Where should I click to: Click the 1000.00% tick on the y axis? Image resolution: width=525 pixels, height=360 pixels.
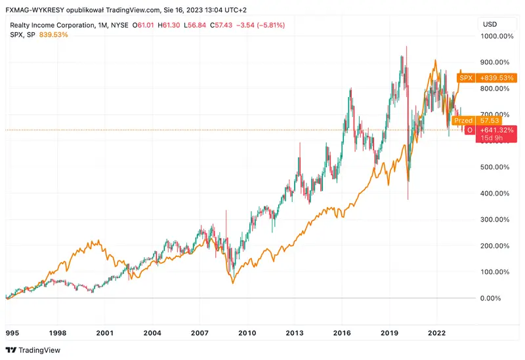[497, 36]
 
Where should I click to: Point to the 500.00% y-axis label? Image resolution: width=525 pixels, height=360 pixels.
[495, 167]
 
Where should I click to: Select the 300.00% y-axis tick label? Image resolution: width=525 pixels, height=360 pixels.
[495, 220]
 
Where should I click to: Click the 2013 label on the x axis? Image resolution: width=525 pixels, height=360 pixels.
[295, 333]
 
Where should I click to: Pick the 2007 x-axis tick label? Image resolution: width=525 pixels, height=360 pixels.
[199, 333]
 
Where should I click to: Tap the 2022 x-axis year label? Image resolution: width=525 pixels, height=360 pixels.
[438, 333]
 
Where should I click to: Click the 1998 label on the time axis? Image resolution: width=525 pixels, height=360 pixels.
[57, 333]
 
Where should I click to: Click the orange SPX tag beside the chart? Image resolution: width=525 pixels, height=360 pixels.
[465, 78]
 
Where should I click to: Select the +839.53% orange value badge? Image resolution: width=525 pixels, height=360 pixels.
[496, 78]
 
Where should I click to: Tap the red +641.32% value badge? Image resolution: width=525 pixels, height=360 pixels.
[496, 130]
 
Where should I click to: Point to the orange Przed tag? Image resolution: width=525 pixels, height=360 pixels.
[463, 121]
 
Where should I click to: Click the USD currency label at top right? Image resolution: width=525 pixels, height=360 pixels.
[490, 25]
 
